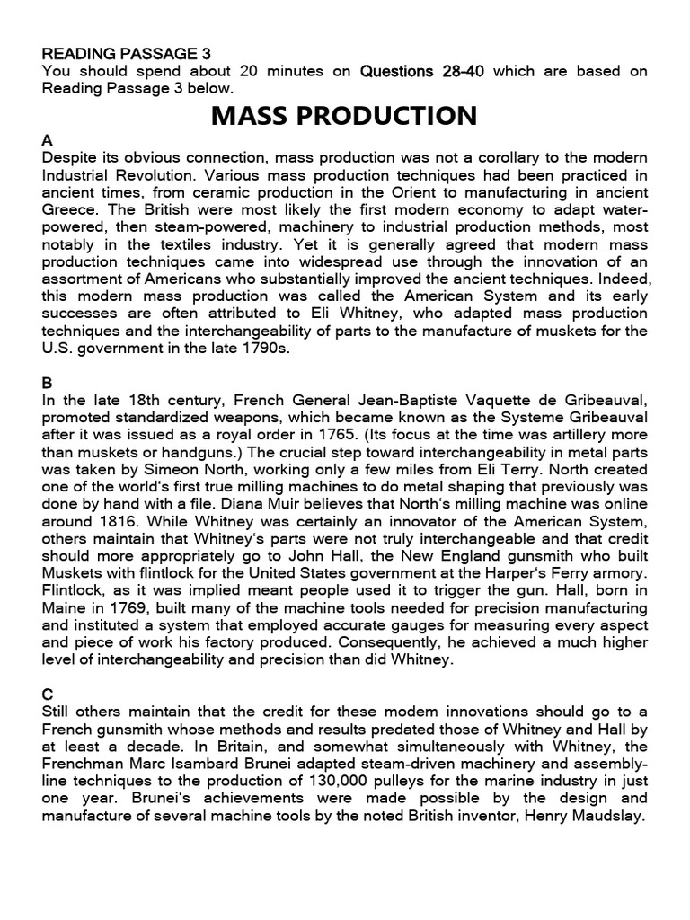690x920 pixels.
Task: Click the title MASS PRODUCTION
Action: point(344,116)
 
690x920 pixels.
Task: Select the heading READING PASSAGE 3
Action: point(127,54)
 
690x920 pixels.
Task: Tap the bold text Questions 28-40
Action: point(422,71)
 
